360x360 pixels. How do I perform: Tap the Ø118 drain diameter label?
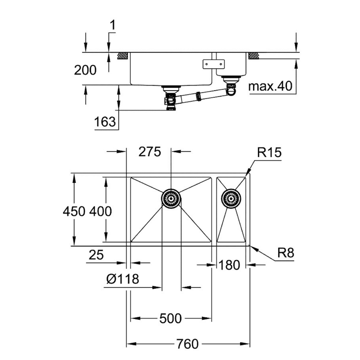(122, 279)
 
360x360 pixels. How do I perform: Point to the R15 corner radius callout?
(269, 153)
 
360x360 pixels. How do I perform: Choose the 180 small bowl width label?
(229, 265)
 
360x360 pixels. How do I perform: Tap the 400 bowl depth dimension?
(101, 211)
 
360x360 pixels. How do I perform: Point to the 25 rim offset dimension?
(96, 255)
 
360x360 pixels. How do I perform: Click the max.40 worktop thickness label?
(270, 86)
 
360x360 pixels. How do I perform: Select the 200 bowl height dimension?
(85, 70)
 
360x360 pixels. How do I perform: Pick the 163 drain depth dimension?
(105, 121)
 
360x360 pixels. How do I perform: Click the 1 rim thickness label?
(112, 26)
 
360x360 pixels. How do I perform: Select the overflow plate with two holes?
(213, 63)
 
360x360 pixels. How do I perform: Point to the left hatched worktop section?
(123, 55)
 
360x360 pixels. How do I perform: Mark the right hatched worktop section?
(254, 55)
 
